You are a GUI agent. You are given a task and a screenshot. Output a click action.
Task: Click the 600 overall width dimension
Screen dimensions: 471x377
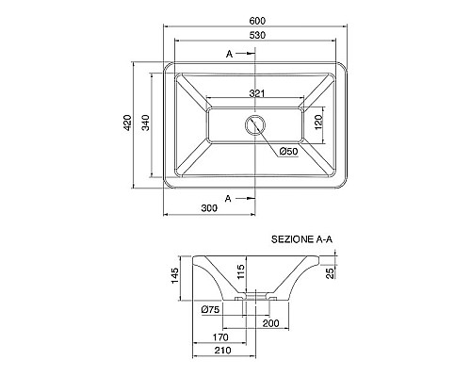pos(257,21)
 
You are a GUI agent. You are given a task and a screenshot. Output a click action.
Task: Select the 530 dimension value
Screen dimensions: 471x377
pos(257,35)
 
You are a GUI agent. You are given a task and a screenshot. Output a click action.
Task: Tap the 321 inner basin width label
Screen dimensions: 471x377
pos(257,93)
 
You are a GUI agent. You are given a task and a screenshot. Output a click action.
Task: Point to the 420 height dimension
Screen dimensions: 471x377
pos(127,123)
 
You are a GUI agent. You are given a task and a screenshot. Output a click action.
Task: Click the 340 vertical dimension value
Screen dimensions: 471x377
pos(145,123)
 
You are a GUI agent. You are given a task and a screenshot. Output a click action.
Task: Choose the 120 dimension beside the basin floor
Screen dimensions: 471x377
pos(318,122)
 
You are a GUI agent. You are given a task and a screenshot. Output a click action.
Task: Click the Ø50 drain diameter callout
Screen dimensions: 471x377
pos(288,152)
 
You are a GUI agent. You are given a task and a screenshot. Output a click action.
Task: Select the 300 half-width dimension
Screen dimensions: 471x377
pos(209,208)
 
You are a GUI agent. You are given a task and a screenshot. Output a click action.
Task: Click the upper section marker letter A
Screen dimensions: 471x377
pos(230,55)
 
